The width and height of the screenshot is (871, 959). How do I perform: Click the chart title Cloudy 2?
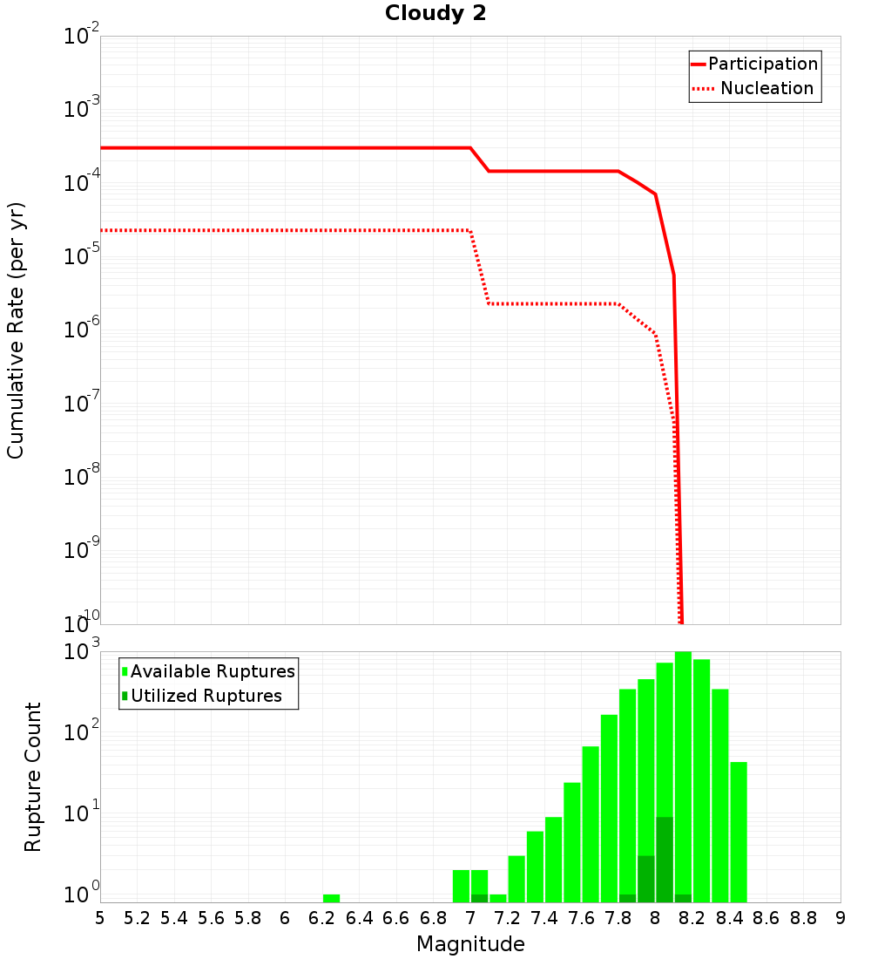point(435,13)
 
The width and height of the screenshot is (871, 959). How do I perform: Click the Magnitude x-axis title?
point(470,944)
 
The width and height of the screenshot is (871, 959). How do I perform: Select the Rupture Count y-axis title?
point(33,776)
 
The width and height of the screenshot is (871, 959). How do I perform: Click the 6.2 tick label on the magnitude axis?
point(321,918)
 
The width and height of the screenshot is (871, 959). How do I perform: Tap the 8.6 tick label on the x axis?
point(766,918)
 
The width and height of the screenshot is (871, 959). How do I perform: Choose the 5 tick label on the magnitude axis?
point(100,918)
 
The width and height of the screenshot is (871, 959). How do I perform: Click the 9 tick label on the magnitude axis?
point(841,918)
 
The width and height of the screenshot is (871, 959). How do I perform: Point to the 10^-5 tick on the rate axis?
point(81,256)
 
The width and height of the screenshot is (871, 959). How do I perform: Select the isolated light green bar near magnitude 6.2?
point(331,898)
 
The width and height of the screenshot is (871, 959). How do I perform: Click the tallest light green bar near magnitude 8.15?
point(683,776)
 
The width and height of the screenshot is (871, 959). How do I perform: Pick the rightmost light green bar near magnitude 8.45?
point(739,833)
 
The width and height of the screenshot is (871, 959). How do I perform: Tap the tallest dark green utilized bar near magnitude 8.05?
point(665,859)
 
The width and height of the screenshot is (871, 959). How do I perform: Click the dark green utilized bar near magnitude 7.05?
point(479,898)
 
